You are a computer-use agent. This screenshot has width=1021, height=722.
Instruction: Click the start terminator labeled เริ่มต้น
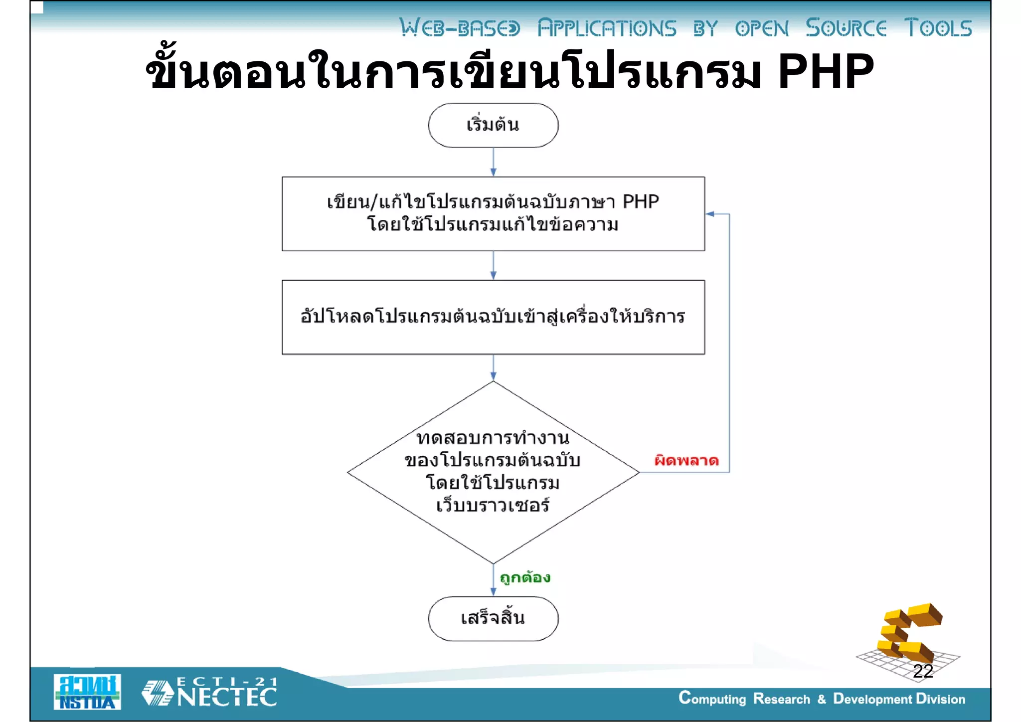(x=493, y=125)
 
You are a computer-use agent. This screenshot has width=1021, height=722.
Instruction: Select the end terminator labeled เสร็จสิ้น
(x=493, y=618)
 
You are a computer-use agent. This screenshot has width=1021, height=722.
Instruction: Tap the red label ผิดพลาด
(x=686, y=460)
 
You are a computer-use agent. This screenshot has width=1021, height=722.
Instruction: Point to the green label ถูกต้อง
(x=525, y=577)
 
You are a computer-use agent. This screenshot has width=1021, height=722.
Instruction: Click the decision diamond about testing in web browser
(x=493, y=472)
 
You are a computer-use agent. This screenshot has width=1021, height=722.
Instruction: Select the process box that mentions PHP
(x=493, y=213)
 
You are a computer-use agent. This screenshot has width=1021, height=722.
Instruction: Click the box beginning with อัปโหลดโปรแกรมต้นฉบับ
(x=493, y=317)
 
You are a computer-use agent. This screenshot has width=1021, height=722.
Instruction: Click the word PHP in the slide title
(x=825, y=72)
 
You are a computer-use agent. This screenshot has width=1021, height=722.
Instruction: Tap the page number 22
(x=923, y=671)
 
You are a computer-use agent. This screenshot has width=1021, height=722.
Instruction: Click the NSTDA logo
(x=87, y=692)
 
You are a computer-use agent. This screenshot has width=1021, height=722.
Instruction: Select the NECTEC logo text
(x=227, y=698)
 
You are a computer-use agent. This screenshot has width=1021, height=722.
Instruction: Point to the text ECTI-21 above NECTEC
(x=227, y=681)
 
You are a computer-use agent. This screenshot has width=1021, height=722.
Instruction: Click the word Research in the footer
(x=781, y=699)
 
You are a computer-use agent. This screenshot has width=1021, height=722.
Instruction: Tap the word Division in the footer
(x=940, y=699)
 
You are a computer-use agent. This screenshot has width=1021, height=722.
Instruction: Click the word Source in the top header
(x=846, y=28)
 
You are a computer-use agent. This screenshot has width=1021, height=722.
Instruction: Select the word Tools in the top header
(x=938, y=28)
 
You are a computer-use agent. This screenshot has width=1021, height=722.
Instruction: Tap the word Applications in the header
(x=607, y=28)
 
